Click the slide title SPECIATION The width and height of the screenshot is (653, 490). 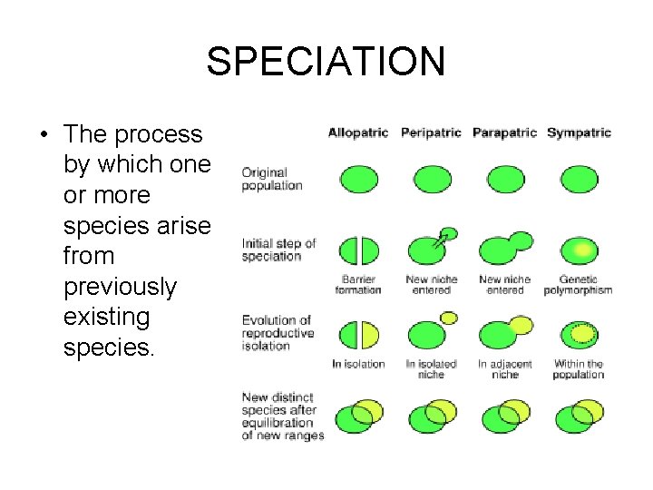pos(326,62)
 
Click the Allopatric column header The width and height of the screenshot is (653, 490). pos(358,132)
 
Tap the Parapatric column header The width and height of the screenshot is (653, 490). pos(505,132)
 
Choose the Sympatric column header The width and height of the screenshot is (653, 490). pos(579,132)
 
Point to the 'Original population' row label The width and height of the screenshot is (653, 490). pos(271,179)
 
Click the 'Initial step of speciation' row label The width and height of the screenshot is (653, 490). pos(278,250)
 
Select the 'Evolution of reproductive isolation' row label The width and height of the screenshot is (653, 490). pos(277,332)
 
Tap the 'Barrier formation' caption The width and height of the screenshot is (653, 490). pos(358,285)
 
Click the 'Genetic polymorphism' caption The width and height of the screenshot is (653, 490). pos(579,285)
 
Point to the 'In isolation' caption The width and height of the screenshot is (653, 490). pos(358,364)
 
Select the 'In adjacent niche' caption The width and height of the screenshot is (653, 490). pos(505,368)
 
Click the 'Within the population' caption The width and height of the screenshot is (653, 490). pos(579,368)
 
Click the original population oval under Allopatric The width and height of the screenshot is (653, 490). pos(358,179)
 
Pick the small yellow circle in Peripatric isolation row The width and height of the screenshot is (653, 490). pos(448,318)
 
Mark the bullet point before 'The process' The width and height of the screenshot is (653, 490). pos(44,135)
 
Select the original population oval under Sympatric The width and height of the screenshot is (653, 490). pos(579,179)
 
